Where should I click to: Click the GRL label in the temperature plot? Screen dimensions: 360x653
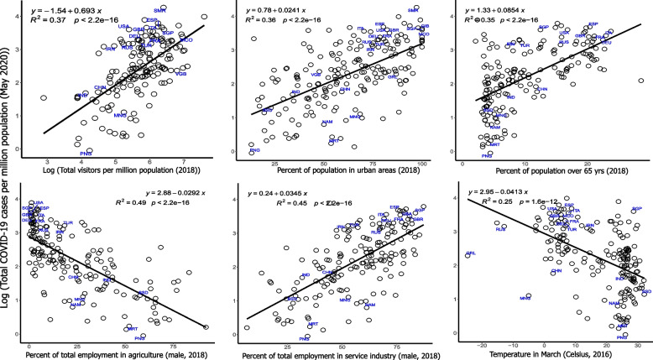click(470, 253)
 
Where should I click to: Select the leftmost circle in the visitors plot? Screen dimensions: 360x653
click(43, 98)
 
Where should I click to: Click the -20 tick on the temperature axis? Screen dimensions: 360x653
click(479, 346)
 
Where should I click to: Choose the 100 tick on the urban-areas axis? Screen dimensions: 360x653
click(421, 163)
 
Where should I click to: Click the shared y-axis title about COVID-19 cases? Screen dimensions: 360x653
click(7, 180)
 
